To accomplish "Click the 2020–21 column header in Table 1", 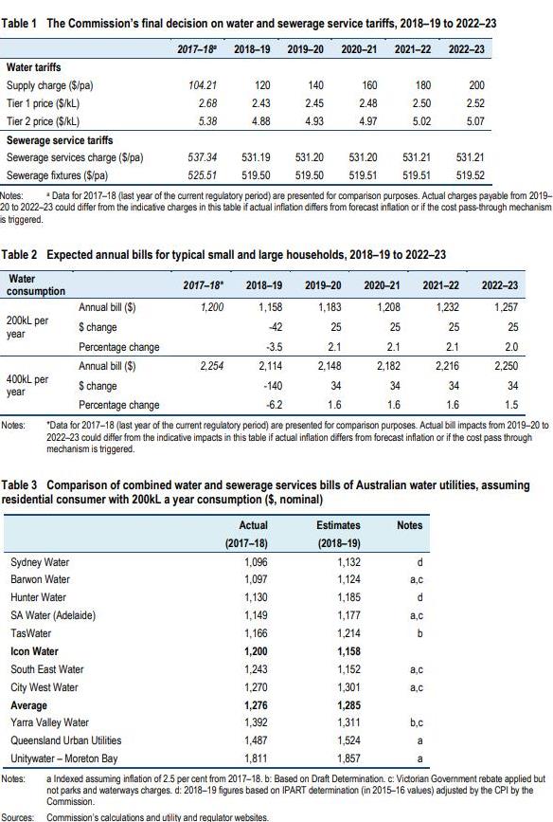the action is pyautogui.click(x=359, y=49).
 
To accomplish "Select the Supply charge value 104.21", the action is pyautogui.click(x=203, y=85).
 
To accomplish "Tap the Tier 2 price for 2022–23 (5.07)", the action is pyautogui.click(x=475, y=121).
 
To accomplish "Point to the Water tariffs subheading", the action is pyautogui.click(x=33, y=67).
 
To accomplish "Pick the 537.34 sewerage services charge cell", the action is pyautogui.click(x=202, y=156).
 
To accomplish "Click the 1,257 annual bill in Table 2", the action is pyautogui.click(x=506, y=307).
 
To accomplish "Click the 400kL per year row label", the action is pyautogui.click(x=27, y=385).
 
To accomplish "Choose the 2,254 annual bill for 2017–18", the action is pyautogui.click(x=211, y=366).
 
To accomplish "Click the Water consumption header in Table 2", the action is pyautogui.click(x=36, y=285).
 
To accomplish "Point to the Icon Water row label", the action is pyautogui.click(x=34, y=651).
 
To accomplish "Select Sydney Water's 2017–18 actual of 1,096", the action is pyautogui.click(x=256, y=562).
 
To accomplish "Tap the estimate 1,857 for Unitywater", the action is pyautogui.click(x=348, y=758).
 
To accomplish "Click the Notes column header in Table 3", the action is pyautogui.click(x=409, y=525).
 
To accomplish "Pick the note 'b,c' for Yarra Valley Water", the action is pyautogui.click(x=417, y=722).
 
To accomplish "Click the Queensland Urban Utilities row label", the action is pyautogui.click(x=66, y=740).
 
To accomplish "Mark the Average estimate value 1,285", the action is pyautogui.click(x=348, y=705).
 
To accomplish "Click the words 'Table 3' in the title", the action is pyautogui.click(x=19, y=485).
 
